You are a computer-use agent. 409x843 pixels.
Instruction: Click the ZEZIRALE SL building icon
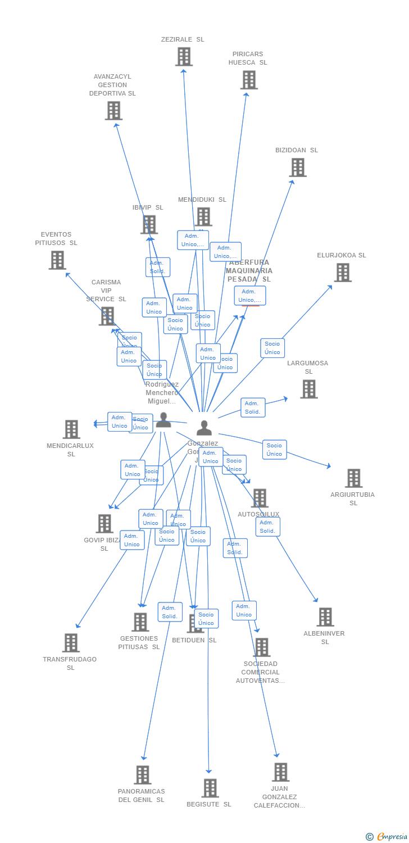coord(184,57)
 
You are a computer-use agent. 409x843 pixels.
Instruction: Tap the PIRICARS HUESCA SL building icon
coord(249,80)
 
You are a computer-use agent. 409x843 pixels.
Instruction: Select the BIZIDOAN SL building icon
coord(298,167)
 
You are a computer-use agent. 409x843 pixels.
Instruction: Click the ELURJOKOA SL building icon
coord(343,273)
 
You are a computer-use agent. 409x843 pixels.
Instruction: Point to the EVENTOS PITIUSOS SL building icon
coord(57,260)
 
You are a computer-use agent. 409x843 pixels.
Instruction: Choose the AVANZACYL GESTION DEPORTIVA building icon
coord(113,111)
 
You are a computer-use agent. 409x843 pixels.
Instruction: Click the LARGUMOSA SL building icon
coord(308,389)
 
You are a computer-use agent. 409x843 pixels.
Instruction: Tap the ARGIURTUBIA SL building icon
coord(353,478)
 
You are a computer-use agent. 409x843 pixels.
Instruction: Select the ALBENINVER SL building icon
coord(325,617)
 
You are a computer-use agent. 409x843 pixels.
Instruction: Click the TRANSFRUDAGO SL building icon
coord(71,643)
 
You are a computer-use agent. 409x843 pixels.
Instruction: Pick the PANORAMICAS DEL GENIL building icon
coord(143,775)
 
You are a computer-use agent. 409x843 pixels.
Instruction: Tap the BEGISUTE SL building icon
coord(210,788)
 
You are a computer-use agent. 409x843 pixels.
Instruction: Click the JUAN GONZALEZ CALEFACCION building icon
coord(280,772)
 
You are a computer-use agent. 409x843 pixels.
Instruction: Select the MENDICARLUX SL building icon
coord(71,429)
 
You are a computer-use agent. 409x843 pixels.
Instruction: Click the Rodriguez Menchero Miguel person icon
coord(163,420)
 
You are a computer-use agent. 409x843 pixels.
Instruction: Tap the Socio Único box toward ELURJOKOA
coord(272,348)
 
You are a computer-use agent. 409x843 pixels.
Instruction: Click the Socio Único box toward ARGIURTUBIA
coord(274,450)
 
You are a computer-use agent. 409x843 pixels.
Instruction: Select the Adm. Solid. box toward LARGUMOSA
coord(253,407)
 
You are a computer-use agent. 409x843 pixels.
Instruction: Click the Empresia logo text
coord(392,837)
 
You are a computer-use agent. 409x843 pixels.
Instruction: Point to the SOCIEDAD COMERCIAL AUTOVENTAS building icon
coord(261,647)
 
